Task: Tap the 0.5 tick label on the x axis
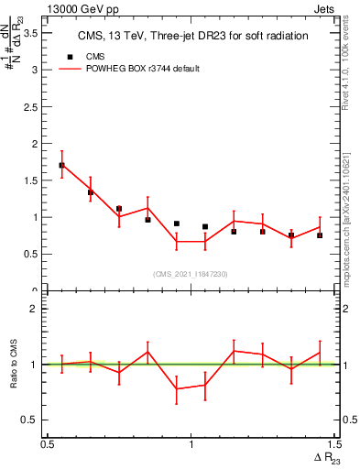pos(47,444)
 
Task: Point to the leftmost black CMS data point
pos(61,166)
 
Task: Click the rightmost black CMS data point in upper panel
pos(320,235)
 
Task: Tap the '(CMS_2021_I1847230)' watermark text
pos(191,274)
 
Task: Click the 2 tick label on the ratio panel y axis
pos(35,309)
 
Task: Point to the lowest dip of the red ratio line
pos(177,388)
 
